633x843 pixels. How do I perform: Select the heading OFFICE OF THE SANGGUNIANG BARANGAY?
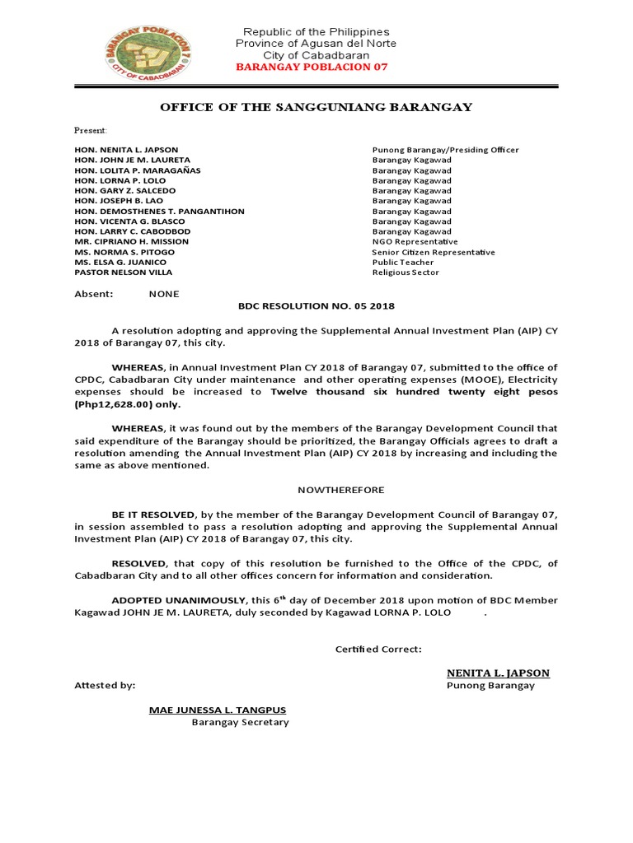tap(316, 107)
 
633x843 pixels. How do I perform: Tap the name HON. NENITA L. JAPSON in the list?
tap(126, 150)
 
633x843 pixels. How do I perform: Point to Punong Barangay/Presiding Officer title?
tap(445, 150)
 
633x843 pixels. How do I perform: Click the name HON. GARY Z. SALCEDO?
tap(124, 190)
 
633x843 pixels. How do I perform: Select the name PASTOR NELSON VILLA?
tap(124, 272)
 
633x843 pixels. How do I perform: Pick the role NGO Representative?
tap(415, 242)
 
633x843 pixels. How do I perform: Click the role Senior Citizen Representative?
tap(434, 252)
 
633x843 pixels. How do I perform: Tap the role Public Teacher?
tap(401, 263)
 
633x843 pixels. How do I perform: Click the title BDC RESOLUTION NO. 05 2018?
tap(316, 306)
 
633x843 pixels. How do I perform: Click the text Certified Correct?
tap(378, 649)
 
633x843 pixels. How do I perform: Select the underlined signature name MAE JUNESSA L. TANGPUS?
tap(218, 710)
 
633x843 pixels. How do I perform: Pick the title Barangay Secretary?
tap(240, 722)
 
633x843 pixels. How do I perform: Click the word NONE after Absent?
tap(163, 294)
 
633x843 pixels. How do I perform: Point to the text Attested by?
tap(105, 685)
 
